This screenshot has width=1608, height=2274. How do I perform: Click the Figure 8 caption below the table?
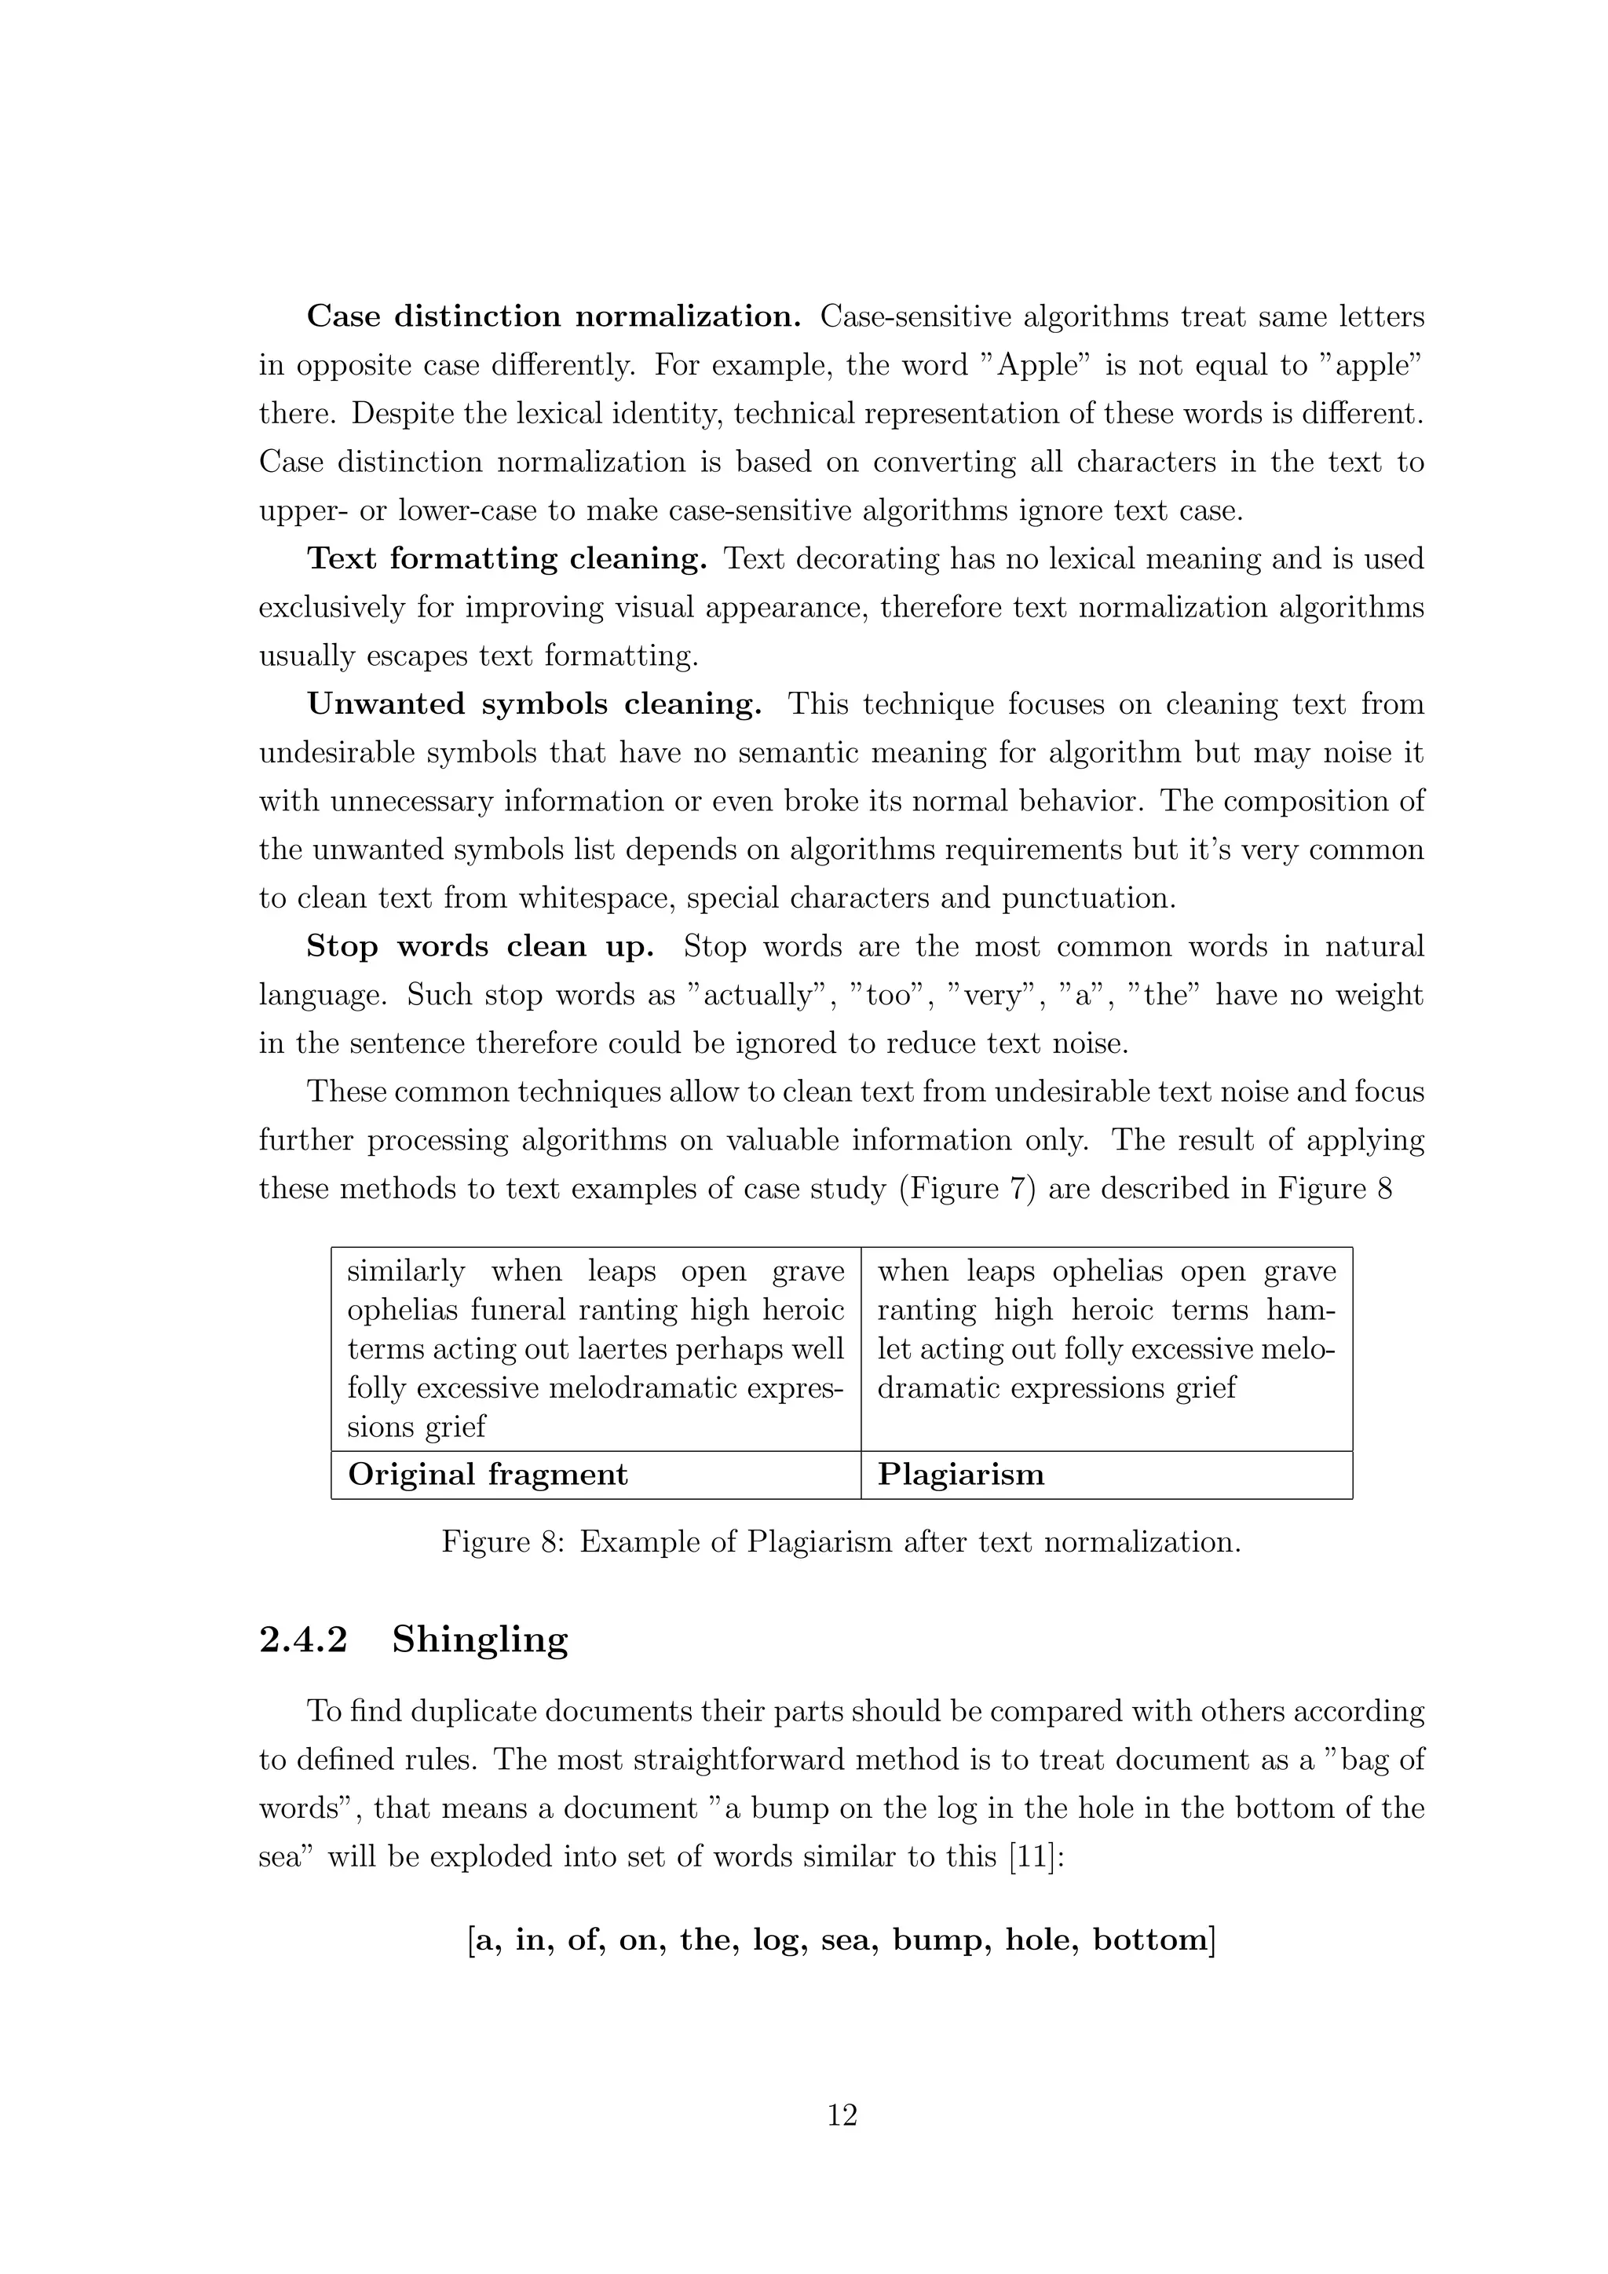(x=841, y=1542)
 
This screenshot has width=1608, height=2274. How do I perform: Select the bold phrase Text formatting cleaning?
(x=507, y=558)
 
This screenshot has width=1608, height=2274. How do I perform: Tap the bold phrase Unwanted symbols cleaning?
(x=535, y=704)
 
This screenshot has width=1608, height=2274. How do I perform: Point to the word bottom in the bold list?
(x=1153, y=1939)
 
